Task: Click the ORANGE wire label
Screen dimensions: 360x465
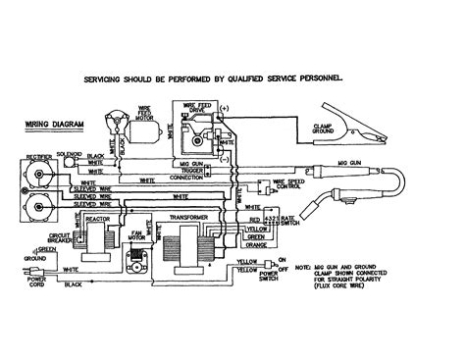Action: (x=258, y=246)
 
